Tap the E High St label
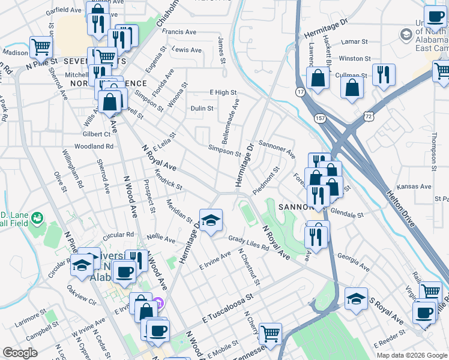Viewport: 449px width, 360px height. point(223,92)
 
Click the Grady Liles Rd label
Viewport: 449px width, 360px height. point(248,242)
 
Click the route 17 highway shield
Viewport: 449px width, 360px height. point(300,91)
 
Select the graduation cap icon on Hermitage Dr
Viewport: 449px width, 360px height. point(210,221)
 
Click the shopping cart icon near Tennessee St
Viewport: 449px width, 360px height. point(271,332)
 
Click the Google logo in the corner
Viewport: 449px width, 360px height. point(20,353)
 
